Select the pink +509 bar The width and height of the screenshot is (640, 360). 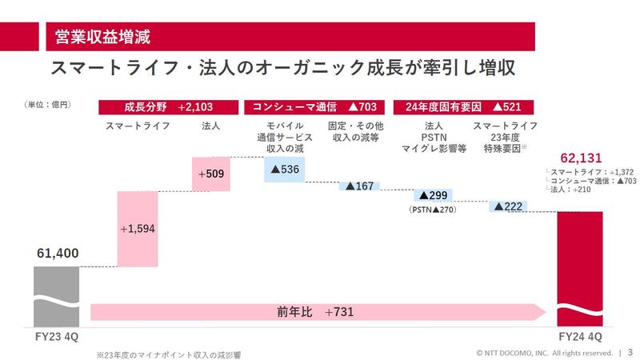[x=212, y=174]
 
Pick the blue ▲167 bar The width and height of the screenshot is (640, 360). [x=359, y=186]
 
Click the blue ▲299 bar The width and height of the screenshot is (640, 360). [x=432, y=195]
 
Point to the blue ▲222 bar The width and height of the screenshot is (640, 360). [x=508, y=206]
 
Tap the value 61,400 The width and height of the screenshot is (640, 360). [x=57, y=254]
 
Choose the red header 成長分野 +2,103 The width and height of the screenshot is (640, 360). [x=169, y=106]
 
